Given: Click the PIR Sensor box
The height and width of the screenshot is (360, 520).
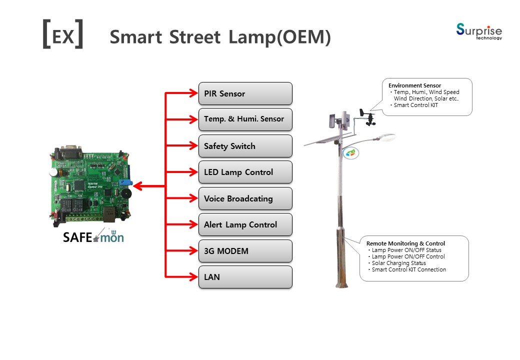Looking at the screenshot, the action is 245,93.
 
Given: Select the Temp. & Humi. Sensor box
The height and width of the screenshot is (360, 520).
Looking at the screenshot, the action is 245,119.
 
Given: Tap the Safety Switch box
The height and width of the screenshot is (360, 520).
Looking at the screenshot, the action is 245,146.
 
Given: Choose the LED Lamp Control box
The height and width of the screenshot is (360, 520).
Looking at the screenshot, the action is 245,172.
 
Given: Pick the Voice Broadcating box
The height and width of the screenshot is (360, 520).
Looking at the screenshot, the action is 245,198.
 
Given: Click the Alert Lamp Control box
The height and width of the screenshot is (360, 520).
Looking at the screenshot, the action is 245,224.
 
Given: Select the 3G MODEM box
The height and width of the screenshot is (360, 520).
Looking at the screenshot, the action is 245,251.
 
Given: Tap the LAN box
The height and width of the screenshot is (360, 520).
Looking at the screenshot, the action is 245,277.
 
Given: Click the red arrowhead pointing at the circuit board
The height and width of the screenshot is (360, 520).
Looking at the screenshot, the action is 137,186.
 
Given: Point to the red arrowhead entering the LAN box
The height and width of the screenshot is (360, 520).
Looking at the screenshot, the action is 193,277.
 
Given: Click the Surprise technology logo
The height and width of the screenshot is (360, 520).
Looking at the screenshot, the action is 479,31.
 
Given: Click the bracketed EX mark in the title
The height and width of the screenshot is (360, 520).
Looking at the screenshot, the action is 63,34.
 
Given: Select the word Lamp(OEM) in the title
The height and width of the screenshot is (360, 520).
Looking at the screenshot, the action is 279,37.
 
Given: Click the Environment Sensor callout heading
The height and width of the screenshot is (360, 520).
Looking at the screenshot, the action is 414,85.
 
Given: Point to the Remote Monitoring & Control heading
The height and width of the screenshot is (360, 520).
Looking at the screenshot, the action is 405,243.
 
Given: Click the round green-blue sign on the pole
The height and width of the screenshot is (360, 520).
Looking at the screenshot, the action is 350,153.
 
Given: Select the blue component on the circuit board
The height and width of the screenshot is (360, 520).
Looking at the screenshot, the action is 125,182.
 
